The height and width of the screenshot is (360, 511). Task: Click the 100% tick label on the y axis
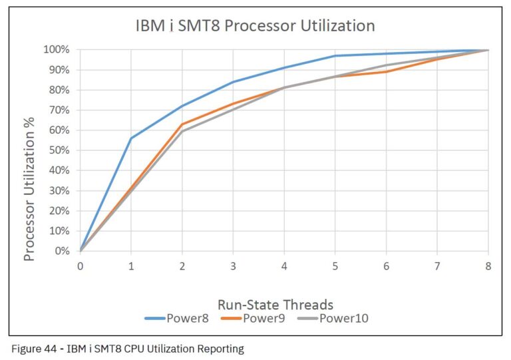click(57, 49)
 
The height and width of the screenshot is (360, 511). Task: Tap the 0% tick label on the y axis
click(63, 251)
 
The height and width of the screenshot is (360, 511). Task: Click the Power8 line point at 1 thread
click(131, 138)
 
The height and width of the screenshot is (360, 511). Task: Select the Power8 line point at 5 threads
click(335, 56)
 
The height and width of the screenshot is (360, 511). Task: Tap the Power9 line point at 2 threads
click(182, 124)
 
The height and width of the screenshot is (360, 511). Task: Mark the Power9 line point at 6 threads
click(387, 71)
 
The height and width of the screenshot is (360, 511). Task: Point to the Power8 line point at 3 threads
click(233, 82)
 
